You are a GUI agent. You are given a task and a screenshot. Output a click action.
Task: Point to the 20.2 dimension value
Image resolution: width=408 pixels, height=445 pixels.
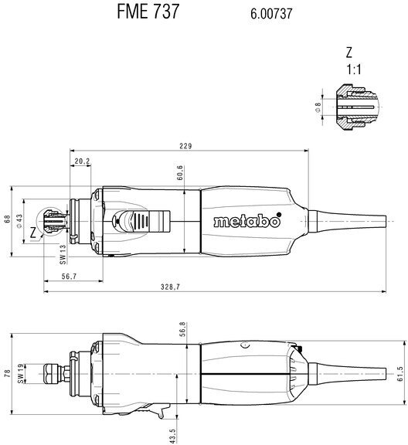[x=82, y=161]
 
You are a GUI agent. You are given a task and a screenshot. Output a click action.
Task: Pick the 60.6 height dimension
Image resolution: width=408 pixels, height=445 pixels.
[x=179, y=173]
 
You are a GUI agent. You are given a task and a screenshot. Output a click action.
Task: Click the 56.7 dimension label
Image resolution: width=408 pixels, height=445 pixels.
[x=69, y=276]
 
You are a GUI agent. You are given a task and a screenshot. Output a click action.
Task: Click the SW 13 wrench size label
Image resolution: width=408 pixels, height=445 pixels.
[x=63, y=253]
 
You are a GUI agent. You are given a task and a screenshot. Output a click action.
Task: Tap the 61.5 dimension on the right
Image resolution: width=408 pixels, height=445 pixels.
[x=399, y=375]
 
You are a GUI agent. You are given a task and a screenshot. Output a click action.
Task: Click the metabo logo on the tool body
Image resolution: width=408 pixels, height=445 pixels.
[x=246, y=221]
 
